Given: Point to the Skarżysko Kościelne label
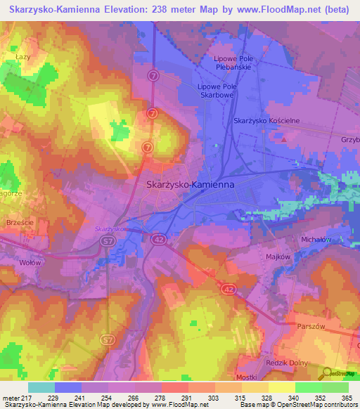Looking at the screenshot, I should coord(266,121).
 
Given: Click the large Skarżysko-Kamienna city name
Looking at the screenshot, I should coord(190,185).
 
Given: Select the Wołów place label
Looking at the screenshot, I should coord(30,262).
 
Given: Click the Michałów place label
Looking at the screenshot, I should coord(316,240).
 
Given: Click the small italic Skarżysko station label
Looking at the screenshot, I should coord(110,229).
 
